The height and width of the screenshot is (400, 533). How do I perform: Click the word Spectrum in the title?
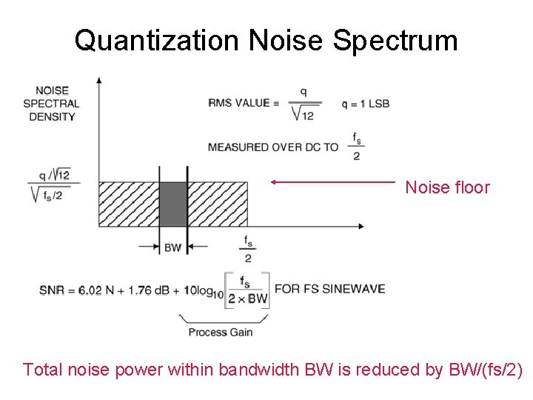[x=395, y=40]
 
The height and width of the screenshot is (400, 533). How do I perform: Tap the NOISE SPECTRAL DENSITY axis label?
[x=52, y=104]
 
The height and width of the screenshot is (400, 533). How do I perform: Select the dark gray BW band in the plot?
[x=173, y=204]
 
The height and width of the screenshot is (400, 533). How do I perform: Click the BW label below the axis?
[x=172, y=247]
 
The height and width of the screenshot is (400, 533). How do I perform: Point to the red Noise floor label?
[x=447, y=187]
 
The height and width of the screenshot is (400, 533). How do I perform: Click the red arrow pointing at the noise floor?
[x=333, y=181]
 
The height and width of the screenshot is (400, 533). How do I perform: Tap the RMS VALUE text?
[x=238, y=103]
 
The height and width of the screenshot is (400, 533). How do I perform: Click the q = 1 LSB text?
[x=365, y=103]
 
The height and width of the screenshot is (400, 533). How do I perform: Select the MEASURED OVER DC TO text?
[x=272, y=147]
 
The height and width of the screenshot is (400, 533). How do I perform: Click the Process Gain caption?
[x=220, y=332]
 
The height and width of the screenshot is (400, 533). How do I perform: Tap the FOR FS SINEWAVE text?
[x=329, y=288]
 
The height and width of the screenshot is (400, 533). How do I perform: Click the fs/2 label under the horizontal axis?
[x=247, y=249]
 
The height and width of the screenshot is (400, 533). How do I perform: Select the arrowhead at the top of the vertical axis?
[x=99, y=79]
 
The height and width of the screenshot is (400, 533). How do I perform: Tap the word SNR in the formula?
[x=51, y=290]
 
